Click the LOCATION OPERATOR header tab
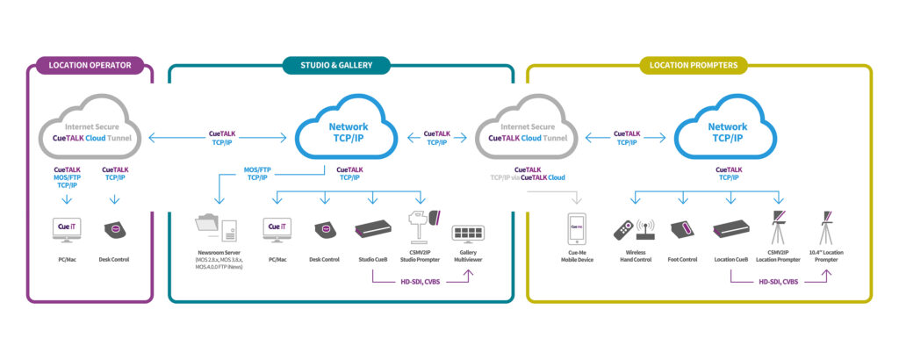(90, 65)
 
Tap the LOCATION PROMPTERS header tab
(699, 64)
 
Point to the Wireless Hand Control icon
(630, 231)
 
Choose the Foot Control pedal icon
(682, 231)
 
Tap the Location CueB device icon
(730, 231)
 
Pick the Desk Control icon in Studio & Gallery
(324, 231)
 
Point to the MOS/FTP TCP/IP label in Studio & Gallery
(257, 173)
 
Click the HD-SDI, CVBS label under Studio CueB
(420, 281)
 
